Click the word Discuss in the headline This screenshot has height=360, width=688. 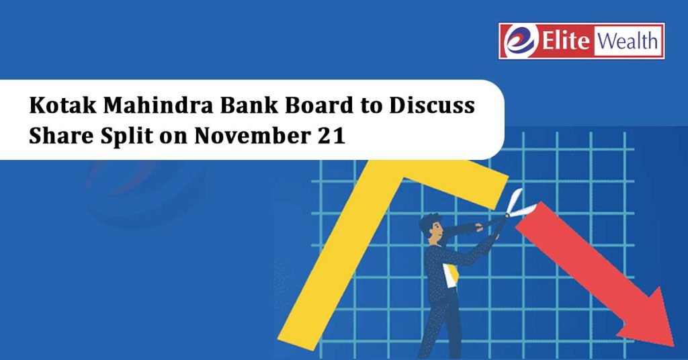coord(432,105)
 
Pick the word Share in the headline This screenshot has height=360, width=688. coord(61,136)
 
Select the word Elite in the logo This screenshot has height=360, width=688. coord(565,41)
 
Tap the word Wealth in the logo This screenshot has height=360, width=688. coord(628,41)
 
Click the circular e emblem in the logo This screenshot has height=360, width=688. coord(520,41)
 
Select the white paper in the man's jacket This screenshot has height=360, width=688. coord(450,275)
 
